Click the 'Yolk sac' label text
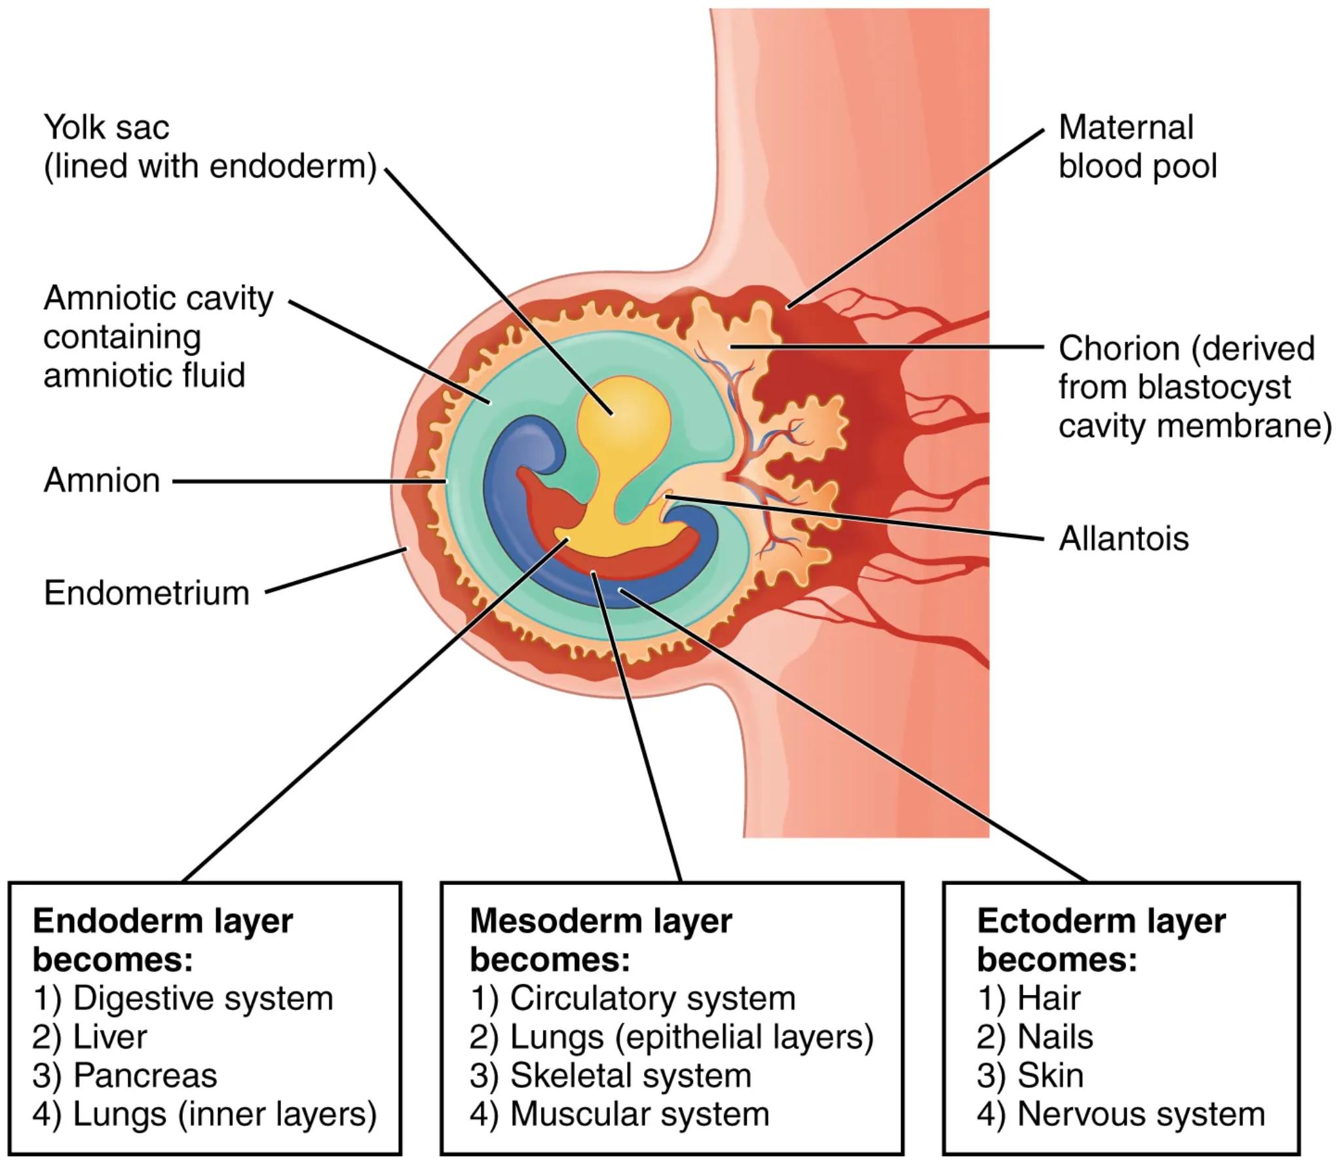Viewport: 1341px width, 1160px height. (x=106, y=127)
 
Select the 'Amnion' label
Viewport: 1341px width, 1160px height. (x=102, y=481)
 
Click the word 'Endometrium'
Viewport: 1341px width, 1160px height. (x=147, y=593)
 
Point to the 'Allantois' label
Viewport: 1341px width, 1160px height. (x=1124, y=539)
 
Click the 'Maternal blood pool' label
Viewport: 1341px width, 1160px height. (x=1137, y=147)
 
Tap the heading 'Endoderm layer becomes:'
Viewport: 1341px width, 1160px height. (x=162, y=940)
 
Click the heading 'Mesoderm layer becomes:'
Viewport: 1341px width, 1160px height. (x=600, y=940)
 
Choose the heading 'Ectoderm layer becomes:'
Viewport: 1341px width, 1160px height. (x=1101, y=940)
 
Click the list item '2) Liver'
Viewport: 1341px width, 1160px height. (x=90, y=1037)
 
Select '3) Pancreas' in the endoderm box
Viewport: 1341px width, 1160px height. (x=124, y=1076)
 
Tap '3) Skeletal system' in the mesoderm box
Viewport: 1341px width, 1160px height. (x=610, y=1076)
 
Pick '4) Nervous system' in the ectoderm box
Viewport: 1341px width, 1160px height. (x=1120, y=1114)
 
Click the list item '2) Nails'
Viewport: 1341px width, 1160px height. (x=1034, y=1037)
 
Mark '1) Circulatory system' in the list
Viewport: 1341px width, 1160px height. (x=632, y=998)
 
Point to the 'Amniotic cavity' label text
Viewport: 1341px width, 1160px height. (x=158, y=299)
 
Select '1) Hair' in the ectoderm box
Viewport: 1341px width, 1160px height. (x=1028, y=998)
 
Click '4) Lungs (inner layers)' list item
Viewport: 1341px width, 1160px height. (x=204, y=1114)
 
